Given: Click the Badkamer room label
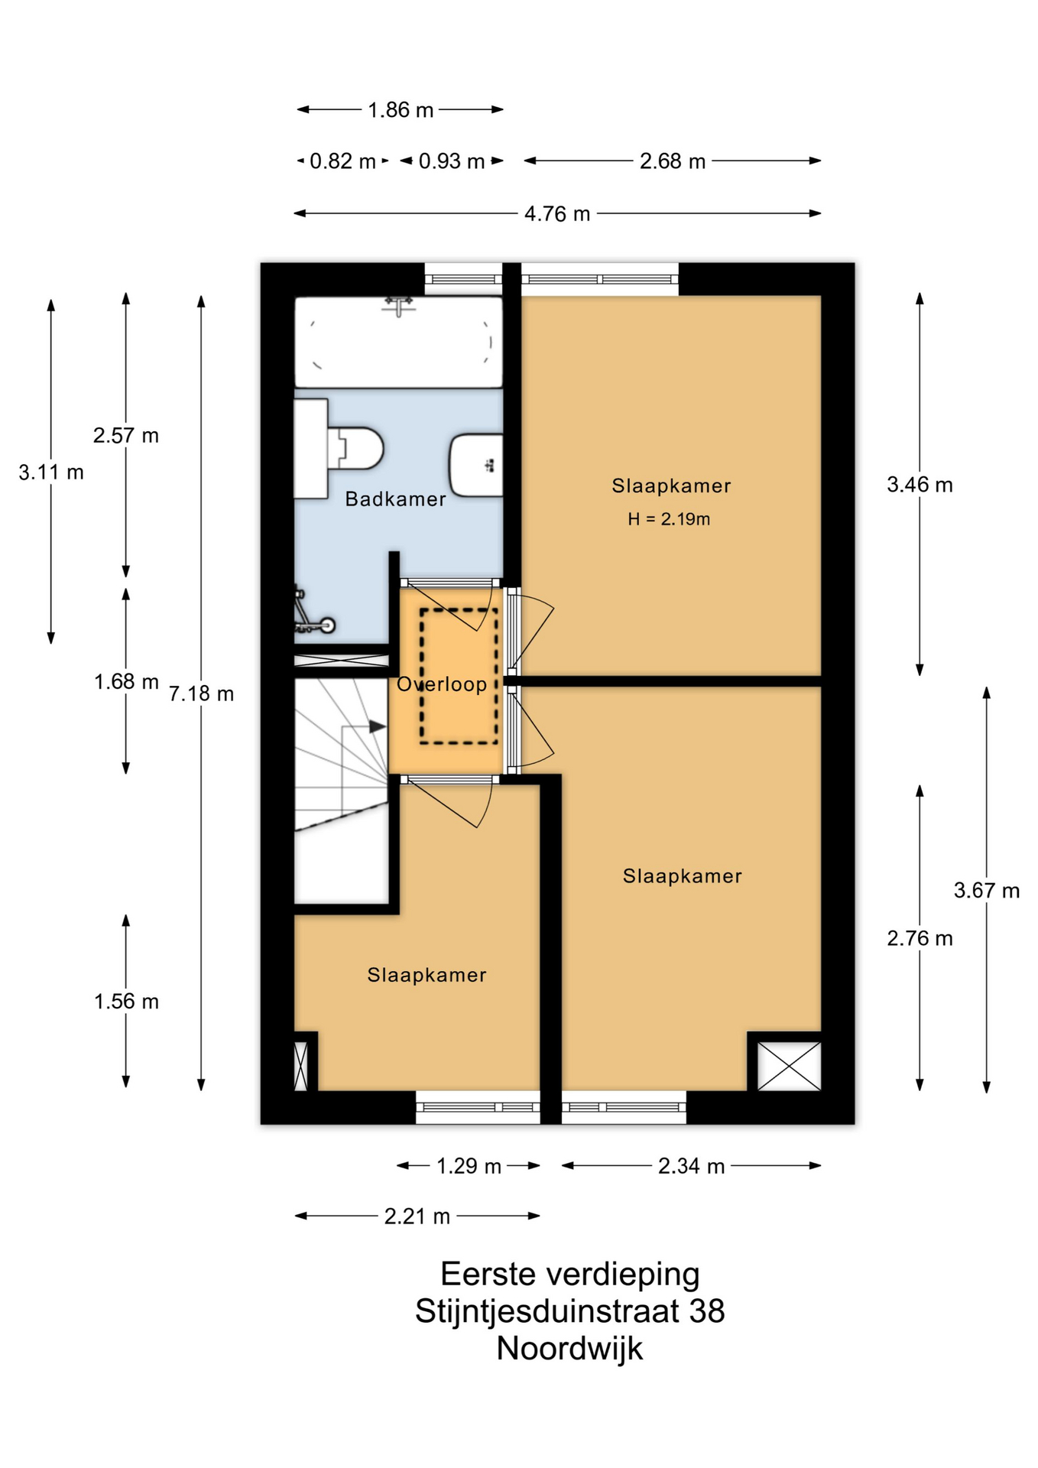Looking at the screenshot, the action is pos(395,499).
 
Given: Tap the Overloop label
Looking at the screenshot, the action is pos(442,684).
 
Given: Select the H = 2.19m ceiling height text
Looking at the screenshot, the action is pos(669,519).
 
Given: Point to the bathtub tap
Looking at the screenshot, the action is pos(399,306).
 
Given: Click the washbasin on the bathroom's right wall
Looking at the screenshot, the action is pos(476,465).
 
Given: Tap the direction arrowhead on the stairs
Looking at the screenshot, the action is pos(378,726).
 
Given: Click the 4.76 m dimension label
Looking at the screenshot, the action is pos(557,214).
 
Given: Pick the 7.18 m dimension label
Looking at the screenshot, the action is pos(201,694).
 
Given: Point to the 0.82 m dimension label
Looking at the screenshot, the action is pos(342,162).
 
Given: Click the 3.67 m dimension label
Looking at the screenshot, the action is pos(987,891).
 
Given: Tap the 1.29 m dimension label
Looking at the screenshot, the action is pos(469,1166).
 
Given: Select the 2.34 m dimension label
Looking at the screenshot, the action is pos(691,1166).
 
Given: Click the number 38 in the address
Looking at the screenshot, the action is pos(707,1311).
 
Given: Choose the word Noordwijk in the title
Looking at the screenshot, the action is pos(569,1349).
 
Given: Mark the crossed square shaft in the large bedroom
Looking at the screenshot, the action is pos(789,1066).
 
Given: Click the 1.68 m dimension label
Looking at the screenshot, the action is pos(126,682).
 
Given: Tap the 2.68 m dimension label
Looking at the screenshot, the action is pos(673,162).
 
